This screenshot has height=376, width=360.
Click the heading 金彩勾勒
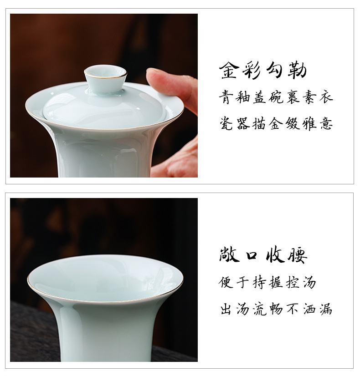263,70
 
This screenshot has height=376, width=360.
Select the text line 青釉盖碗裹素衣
276,97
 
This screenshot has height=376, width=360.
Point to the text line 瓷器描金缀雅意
276,123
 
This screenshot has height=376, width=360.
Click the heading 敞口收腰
263,255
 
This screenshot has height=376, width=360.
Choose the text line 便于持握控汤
267,282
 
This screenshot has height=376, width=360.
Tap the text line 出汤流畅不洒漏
276,309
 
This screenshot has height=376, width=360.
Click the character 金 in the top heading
229,70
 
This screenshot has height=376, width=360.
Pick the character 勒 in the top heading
298,71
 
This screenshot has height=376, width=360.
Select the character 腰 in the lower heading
298,255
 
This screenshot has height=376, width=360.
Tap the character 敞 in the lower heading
229,255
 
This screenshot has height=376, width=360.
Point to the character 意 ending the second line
326,123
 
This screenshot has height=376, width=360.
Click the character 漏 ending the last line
326,309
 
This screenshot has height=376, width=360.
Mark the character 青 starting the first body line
226,97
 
